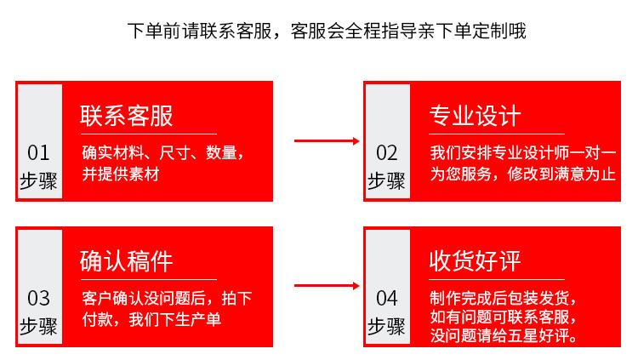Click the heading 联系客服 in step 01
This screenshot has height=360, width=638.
pyautogui.click(x=127, y=116)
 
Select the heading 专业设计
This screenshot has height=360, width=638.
pyautogui.click(x=475, y=116)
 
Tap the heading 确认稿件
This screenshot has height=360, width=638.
pyautogui.click(x=127, y=261)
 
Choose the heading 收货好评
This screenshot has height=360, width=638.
pyautogui.click(x=475, y=261)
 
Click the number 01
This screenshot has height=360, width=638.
pyautogui.click(x=38, y=152)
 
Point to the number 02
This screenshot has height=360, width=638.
pyautogui.click(x=387, y=152)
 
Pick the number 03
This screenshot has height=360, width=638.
pyautogui.click(x=38, y=298)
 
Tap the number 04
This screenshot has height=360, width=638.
pyautogui.click(x=387, y=298)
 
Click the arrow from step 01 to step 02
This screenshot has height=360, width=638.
pyautogui.click(x=327, y=141)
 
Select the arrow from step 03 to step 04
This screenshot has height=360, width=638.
pyautogui.click(x=327, y=286)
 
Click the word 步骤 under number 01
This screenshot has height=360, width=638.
pyautogui.click(x=38, y=180)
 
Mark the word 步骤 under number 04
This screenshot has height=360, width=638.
pyautogui.click(x=386, y=326)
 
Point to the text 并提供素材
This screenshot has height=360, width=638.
pyautogui.click(x=121, y=174)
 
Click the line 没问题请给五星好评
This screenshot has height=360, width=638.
pyautogui.click(x=504, y=335)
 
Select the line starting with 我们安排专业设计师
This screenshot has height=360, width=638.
pyautogui.click(x=523, y=152)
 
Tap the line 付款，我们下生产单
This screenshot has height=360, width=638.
pyautogui.click(x=151, y=319)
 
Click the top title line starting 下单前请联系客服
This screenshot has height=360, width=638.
pyautogui.click(x=327, y=31)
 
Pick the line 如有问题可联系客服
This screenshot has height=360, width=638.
pyautogui.click(x=504, y=317)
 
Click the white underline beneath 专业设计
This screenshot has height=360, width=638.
pyautogui.click(x=497, y=134)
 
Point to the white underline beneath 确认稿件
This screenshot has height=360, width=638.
pyautogui.click(x=149, y=279)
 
